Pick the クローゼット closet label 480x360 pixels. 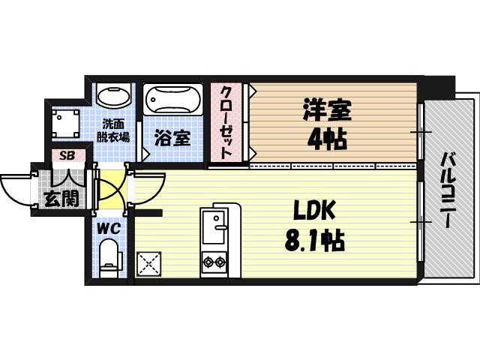226,121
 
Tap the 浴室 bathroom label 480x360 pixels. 172,138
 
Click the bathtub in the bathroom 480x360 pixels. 172,99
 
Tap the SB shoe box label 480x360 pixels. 67,156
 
